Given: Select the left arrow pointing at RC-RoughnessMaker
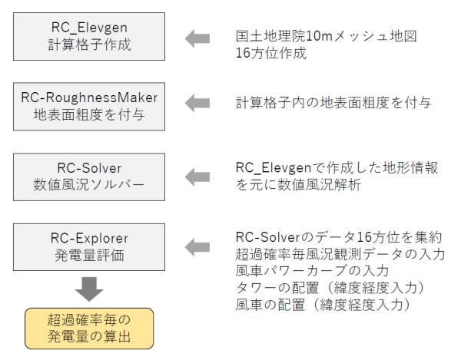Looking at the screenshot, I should click(x=197, y=102).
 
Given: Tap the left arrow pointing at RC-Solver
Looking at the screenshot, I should click(x=197, y=177).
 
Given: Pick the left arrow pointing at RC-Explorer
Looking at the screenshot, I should click(x=197, y=246).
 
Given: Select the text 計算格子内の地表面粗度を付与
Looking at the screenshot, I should click(x=322, y=103).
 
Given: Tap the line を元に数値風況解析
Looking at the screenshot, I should click(x=299, y=185).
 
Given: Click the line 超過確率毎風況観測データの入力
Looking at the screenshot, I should click(x=340, y=253).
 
